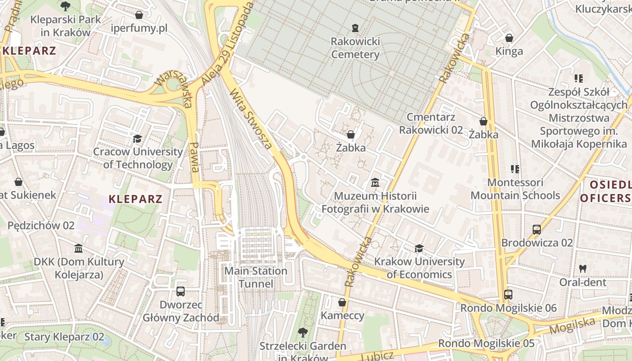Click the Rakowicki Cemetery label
click(355, 48)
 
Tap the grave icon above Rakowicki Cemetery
click(355, 28)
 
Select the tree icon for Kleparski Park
click(65, 6)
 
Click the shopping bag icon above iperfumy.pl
click(139, 15)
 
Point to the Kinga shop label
click(509, 51)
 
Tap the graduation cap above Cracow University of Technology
click(137, 139)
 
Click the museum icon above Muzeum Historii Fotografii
click(375, 183)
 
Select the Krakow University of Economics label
click(419, 268)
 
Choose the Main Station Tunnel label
click(256, 277)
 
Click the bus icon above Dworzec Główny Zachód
click(181, 291)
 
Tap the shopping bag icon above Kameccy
click(342, 302)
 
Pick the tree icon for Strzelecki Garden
click(302, 333)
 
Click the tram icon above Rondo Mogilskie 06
click(508, 295)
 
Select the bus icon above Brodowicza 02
click(536, 230)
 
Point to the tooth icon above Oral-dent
click(583, 268)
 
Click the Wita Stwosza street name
click(251, 119)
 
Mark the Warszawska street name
click(173, 89)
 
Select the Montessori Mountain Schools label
click(515, 189)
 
